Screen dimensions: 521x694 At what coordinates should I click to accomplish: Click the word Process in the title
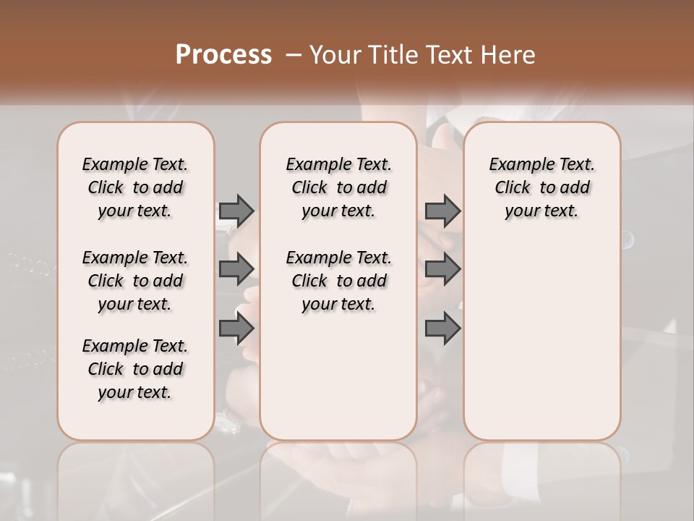click(223, 55)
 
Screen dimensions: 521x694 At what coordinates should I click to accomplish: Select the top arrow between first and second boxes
click(236, 211)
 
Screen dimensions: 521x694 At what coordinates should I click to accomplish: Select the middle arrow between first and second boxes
click(236, 269)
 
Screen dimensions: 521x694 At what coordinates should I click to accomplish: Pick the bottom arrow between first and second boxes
click(236, 329)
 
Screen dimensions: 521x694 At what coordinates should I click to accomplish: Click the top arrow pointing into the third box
click(442, 211)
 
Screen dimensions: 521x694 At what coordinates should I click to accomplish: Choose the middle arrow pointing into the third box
click(442, 269)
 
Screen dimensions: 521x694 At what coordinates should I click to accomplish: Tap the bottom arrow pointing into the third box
click(442, 329)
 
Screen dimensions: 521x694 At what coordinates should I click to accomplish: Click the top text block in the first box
click(135, 187)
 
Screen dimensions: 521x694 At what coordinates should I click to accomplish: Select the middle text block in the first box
click(135, 281)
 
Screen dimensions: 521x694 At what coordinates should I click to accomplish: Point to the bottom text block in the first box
click(135, 369)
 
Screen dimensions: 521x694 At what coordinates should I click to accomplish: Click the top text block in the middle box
click(338, 187)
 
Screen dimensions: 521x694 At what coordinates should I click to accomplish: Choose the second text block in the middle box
click(338, 281)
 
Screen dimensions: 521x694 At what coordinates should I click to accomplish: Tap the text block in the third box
click(541, 187)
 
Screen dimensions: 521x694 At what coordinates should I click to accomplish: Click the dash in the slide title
click(294, 55)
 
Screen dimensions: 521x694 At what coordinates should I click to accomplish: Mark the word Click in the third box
click(513, 188)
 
